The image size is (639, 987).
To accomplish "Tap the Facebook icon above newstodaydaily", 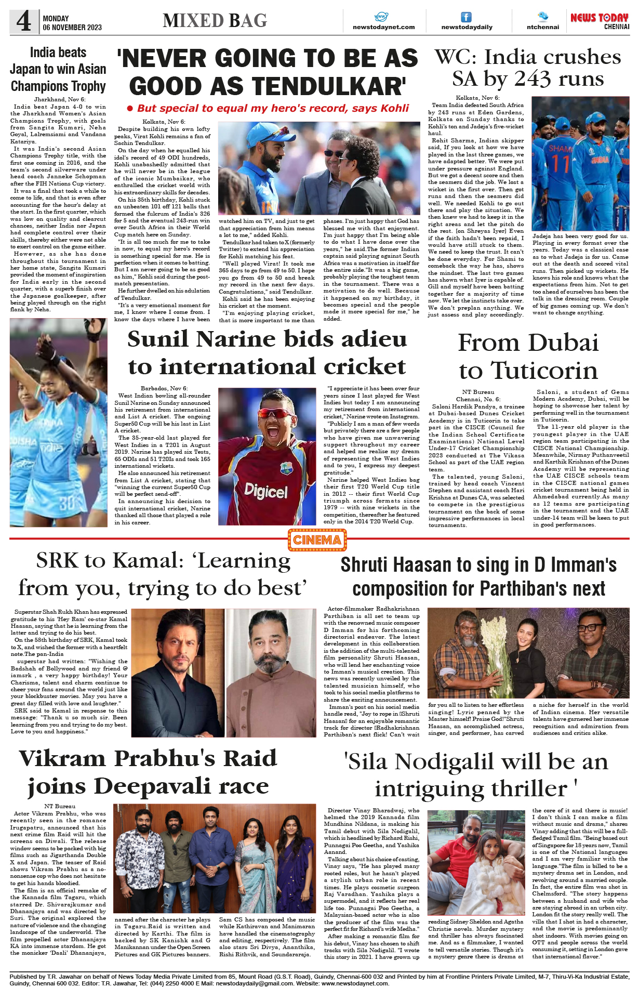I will [467, 17].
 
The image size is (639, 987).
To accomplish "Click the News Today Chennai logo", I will [600, 21].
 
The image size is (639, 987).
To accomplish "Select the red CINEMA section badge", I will [317, 540].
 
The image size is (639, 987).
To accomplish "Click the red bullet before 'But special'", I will [130, 109].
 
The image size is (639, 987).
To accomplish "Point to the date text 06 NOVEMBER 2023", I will [72, 28].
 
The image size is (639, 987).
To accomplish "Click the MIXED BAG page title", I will [215, 21].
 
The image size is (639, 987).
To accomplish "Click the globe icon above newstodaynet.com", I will [382, 17].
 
